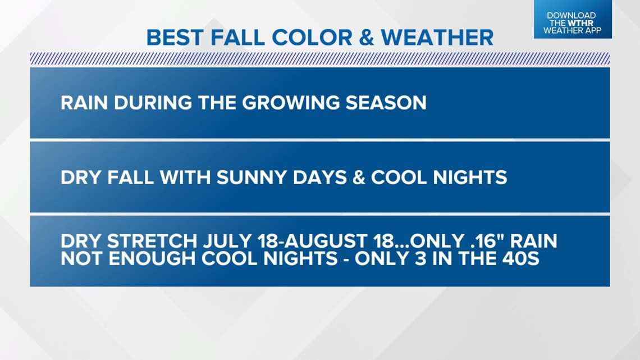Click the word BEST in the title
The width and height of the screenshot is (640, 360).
(176, 38)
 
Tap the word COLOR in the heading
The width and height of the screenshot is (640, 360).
(312, 38)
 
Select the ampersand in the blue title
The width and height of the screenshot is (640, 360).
(367, 38)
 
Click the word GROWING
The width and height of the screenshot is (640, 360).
(291, 102)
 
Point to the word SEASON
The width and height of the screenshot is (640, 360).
(386, 102)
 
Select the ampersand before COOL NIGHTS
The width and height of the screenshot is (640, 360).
(358, 177)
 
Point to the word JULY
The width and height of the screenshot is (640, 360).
(227, 241)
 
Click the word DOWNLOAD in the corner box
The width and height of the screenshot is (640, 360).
(572, 16)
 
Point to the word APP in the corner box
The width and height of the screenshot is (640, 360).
(593, 30)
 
